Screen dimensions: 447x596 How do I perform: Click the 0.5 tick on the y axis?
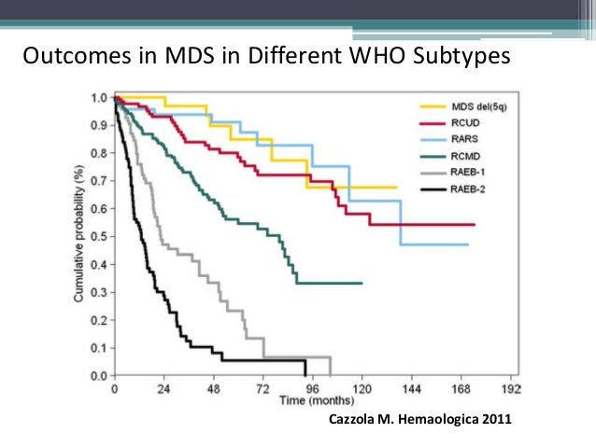coord(98,237)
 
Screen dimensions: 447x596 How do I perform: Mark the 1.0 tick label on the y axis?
coord(98,97)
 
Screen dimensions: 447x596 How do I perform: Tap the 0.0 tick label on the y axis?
coord(98,376)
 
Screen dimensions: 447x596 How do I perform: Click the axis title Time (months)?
coord(312,400)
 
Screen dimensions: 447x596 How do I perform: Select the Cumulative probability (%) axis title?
coord(81,236)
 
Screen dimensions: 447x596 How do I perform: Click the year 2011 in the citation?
coord(495,420)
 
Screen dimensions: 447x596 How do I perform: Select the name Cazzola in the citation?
coord(356,420)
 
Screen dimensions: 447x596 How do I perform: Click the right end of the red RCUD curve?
coord(474,225)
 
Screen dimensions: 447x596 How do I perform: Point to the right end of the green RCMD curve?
coord(362,283)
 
